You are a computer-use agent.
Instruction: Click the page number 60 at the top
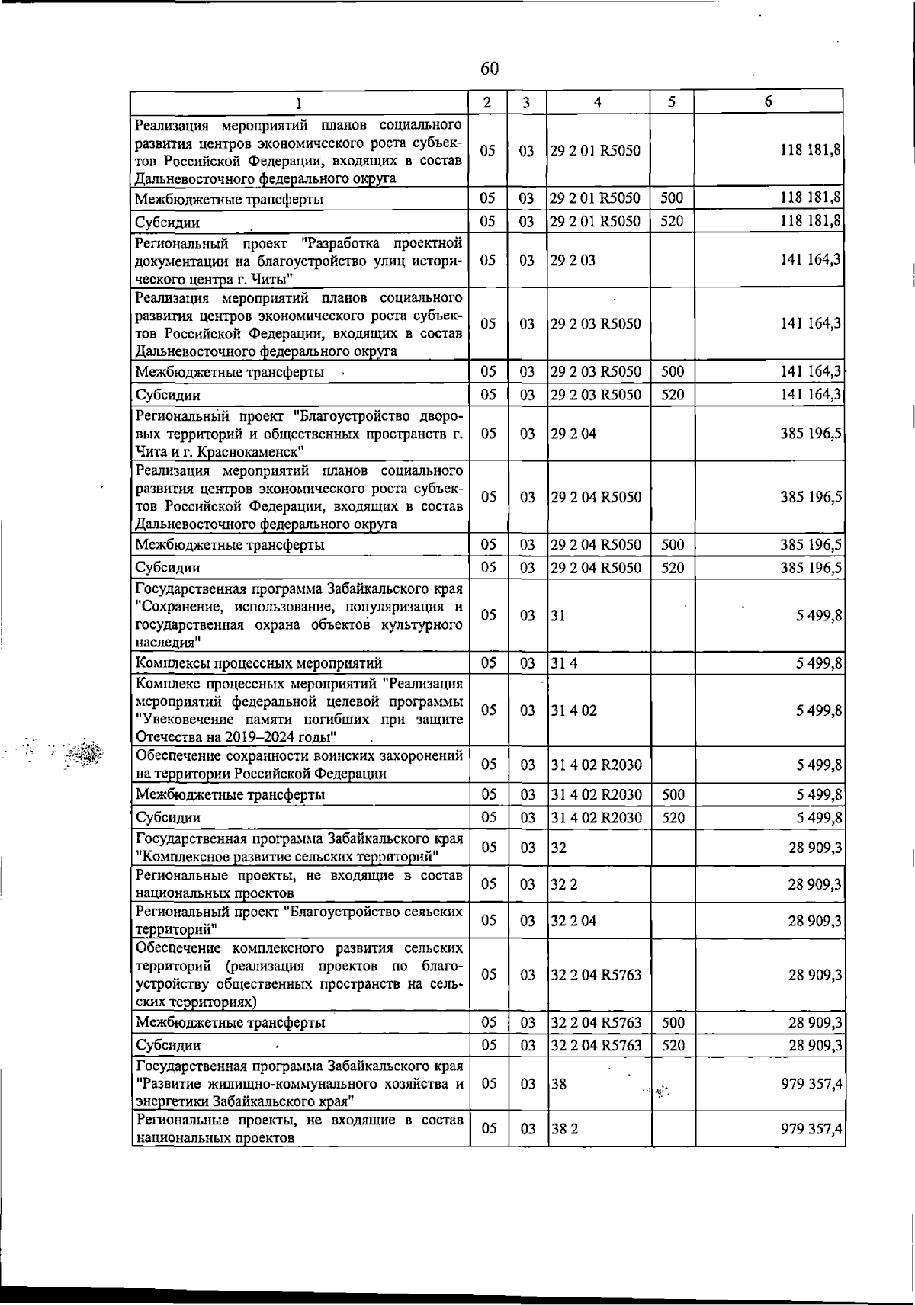[490, 69]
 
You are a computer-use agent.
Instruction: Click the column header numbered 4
[597, 102]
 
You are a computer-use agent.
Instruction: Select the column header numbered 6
[768, 101]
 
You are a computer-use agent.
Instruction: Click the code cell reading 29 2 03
[573, 260]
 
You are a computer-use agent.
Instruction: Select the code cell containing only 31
[558, 615]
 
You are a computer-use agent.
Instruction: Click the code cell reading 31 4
[564, 662]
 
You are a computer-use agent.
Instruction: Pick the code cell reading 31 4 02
[573, 710]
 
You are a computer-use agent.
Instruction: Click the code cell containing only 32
[559, 847]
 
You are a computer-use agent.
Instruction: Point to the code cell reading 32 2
[564, 883]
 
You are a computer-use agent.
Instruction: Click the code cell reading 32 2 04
[573, 920]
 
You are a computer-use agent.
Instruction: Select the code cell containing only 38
[559, 1083]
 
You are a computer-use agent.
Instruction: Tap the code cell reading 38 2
[564, 1129]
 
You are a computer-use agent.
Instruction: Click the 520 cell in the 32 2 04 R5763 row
[673, 1045]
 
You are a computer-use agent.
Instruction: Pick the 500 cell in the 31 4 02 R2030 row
[673, 794]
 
